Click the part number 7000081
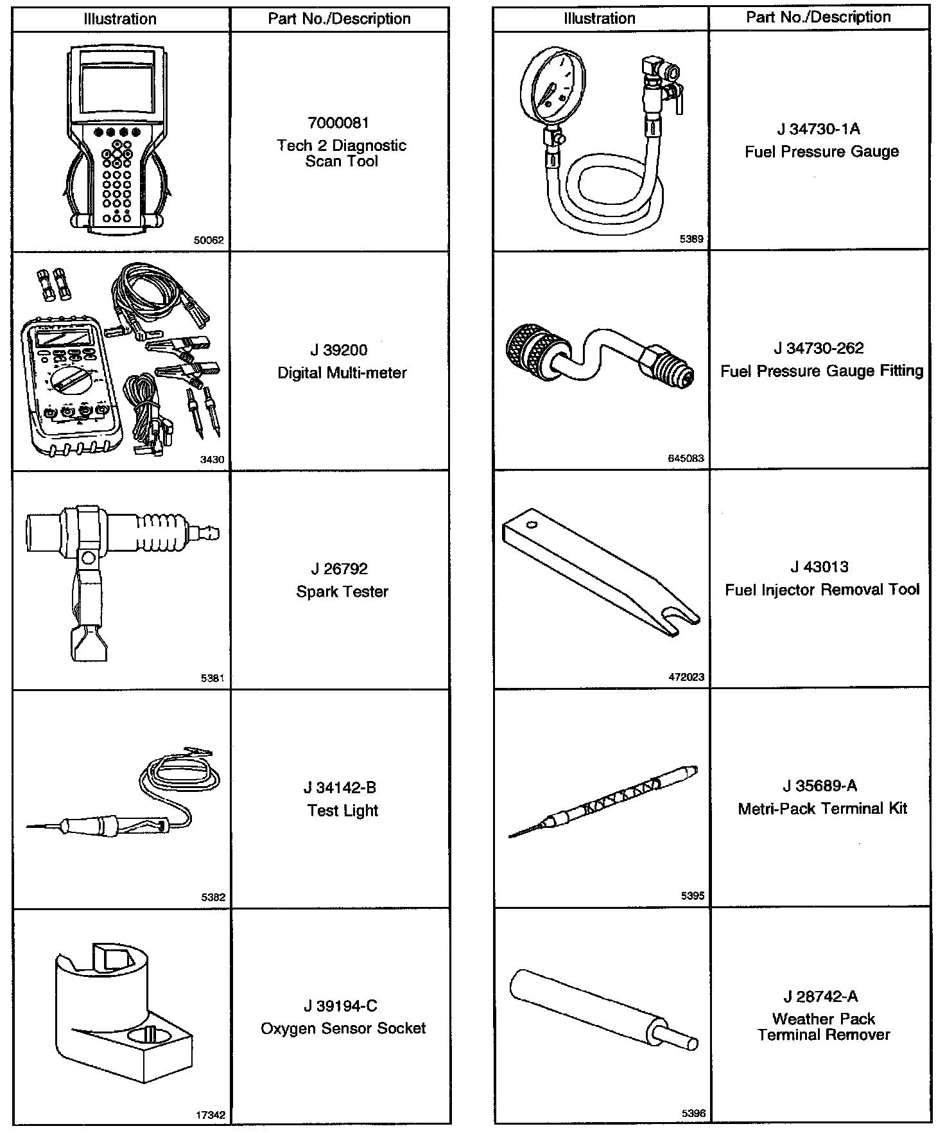click(339, 123)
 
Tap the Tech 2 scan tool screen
click(117, 88)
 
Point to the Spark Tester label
click(342, 592)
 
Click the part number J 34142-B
click(340, 787)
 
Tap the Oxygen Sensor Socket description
click(343, 1028)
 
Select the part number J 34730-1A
click(819, 129)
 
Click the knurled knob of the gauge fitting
click(531, 351)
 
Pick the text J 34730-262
click(819, 348)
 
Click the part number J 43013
click(819, 567)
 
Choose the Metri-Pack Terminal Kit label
click(822, 808)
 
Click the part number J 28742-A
click(820, 996)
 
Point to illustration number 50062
click(209, 241)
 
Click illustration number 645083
click(686, 458)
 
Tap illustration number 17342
click(211, 1116)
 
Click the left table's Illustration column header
click(120, 19)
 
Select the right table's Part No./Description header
click(818, 17)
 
